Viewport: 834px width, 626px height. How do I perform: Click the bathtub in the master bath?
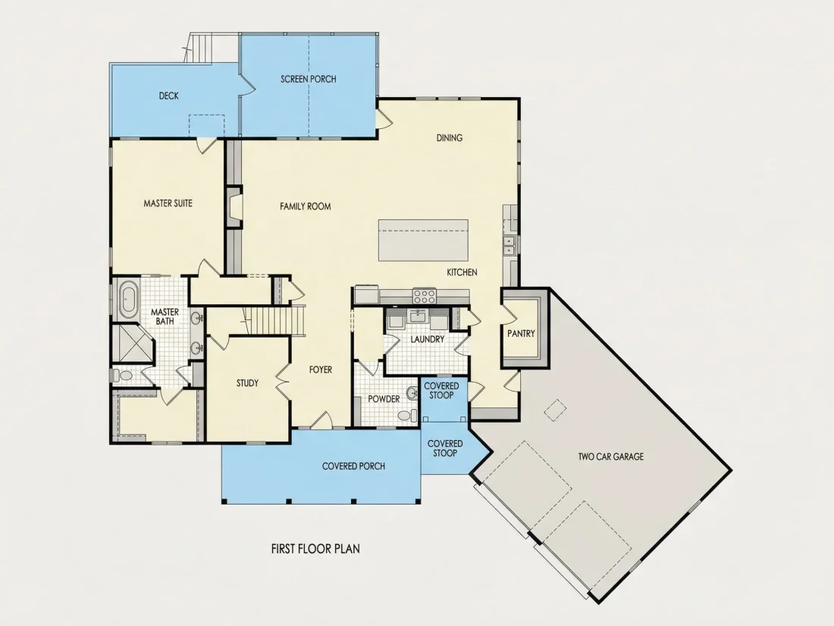127,300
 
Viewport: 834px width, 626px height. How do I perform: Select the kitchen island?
423,240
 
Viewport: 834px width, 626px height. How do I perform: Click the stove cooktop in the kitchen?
425,295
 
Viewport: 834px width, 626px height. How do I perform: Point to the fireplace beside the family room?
234,206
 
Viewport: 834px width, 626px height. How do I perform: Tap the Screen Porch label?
309,80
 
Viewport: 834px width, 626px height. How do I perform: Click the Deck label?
168,96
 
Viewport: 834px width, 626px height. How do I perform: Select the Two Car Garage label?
610,456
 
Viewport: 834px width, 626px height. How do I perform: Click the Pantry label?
521,333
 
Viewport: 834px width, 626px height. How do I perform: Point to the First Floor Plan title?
315,549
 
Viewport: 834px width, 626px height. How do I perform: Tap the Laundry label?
427,339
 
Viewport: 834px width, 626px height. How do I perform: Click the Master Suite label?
168,203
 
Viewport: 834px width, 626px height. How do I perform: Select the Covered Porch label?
354,467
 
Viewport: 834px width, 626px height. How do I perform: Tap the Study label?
247,382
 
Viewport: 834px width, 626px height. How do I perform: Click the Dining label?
450,138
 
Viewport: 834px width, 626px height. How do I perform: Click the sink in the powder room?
412,393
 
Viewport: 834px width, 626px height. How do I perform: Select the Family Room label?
306,206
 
